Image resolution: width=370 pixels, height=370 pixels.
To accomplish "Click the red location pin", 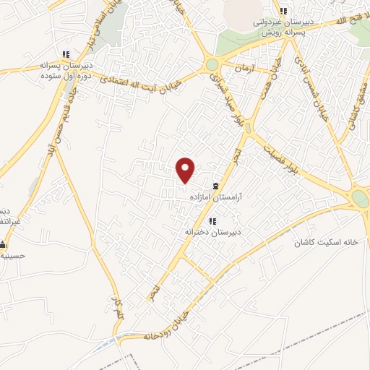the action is point(186,169).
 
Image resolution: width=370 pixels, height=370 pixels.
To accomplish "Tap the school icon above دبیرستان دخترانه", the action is point(212,221).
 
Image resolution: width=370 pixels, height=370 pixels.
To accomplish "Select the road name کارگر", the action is point(118,309).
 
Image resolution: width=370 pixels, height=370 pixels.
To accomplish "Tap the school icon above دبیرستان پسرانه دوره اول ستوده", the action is point(66,54).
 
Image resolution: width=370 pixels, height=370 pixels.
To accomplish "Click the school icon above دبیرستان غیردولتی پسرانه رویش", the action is point(283,11).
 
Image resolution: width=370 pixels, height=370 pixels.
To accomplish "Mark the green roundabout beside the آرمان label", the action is point(212,65).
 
